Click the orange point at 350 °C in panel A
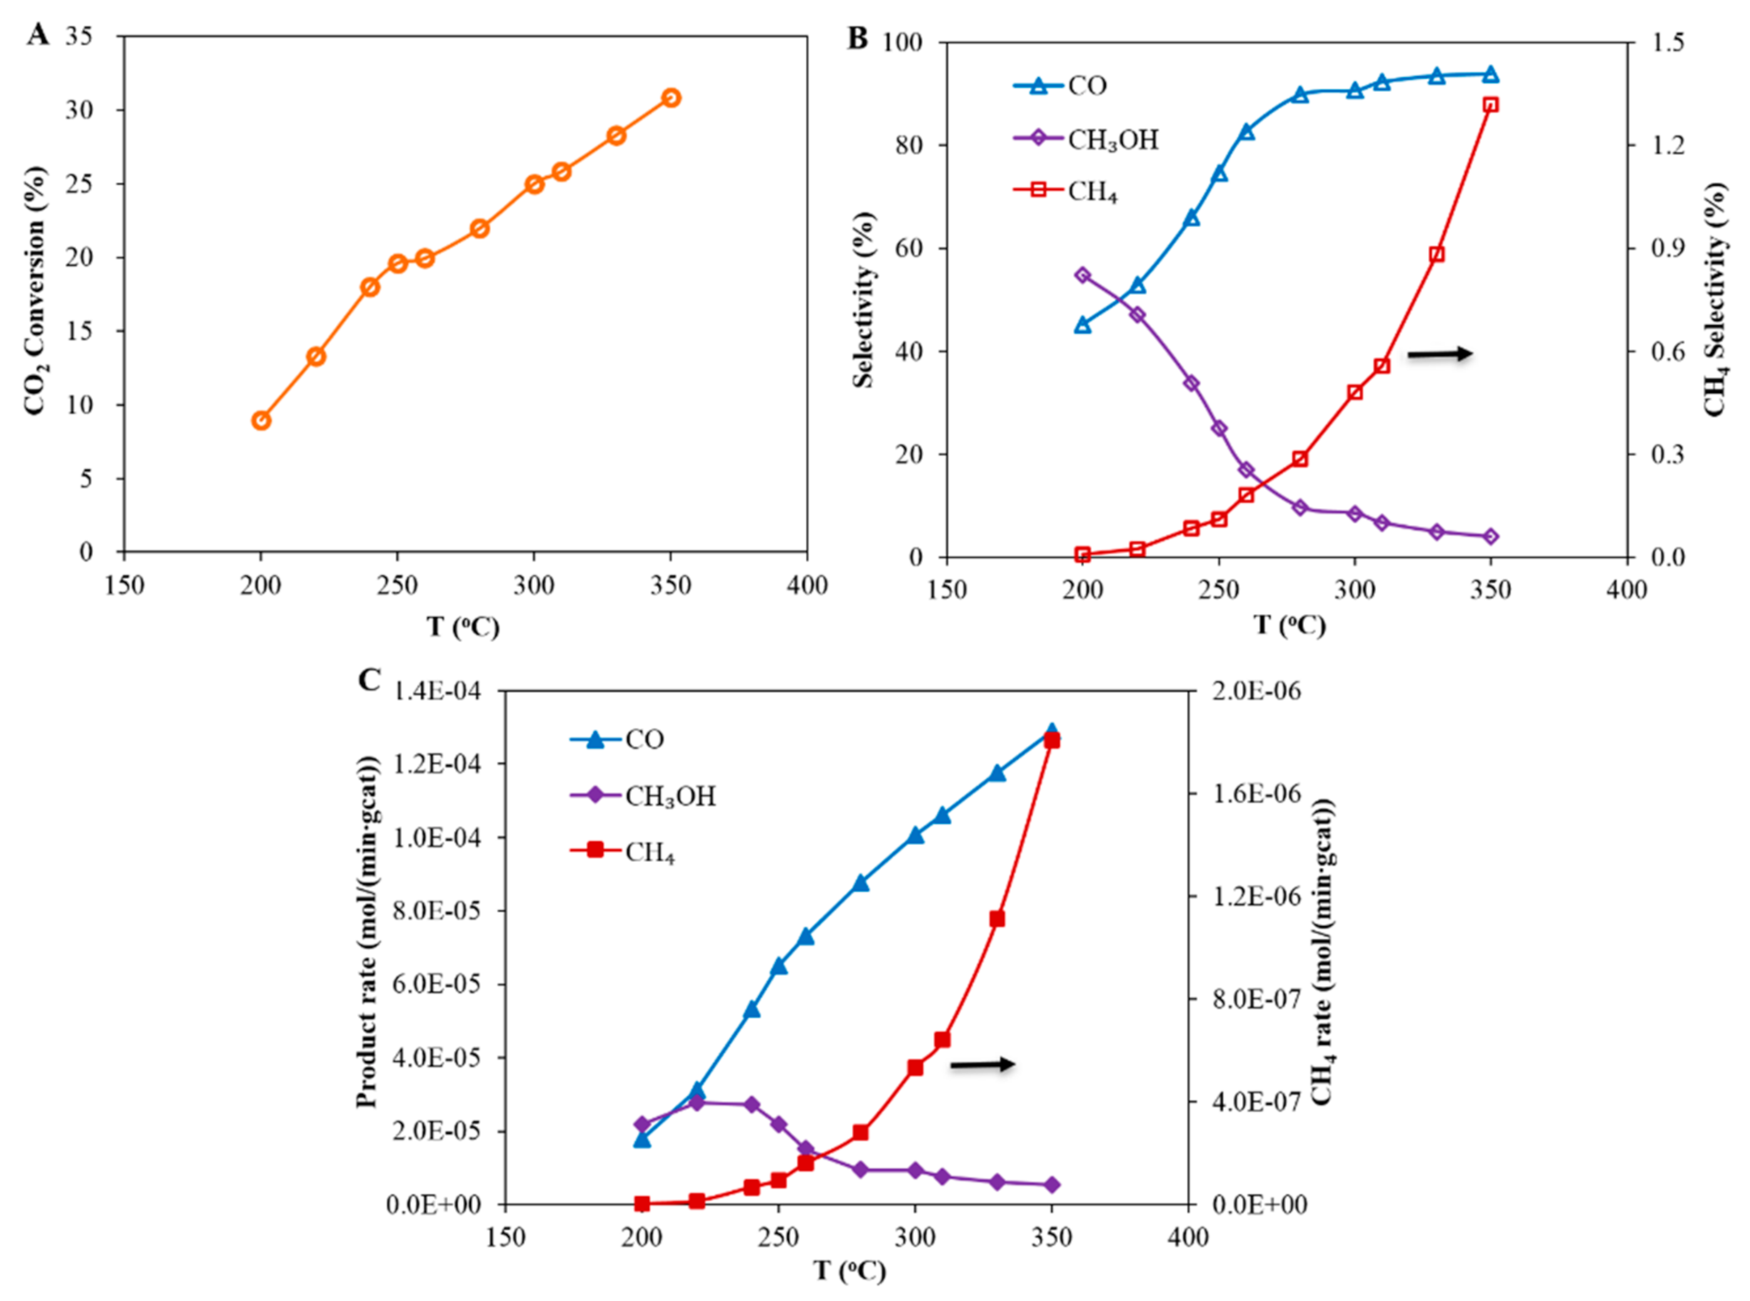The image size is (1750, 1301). (x=670, y=98)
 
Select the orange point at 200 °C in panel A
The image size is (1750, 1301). (x=261, y=420)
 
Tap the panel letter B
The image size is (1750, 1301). (x=857, y=38)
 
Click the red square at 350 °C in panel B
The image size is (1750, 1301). (x=1490, y=105)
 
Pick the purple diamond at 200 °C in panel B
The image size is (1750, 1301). (x=1083, y=275)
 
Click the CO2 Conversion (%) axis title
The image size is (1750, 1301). (x=34, y=292)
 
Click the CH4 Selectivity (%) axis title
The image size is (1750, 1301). (x=1716, y=299)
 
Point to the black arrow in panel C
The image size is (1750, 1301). (x=982, y=1065)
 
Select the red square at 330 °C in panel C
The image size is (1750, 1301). (x=997, y=919)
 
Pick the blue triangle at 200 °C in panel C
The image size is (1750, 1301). (x=642, y=1139)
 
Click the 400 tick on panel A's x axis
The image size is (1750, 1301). (x=807, y=586)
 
